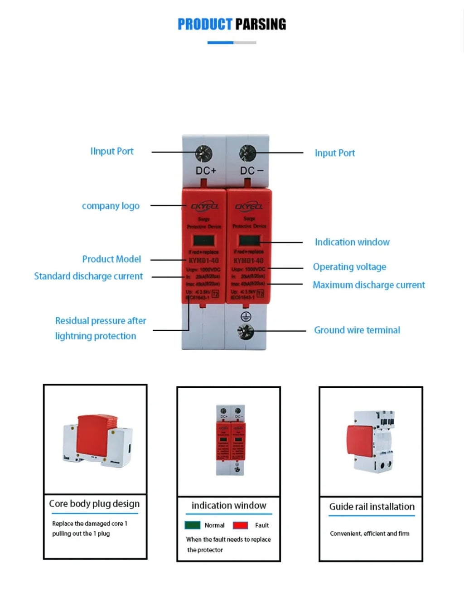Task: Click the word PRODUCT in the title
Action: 205,24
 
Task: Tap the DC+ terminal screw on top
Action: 203,154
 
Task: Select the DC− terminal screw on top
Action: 248,153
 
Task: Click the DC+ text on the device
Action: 206,171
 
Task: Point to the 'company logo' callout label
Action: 111,206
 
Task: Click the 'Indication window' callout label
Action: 352,242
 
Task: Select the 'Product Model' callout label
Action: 111,259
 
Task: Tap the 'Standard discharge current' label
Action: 88,276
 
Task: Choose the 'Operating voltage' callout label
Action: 349,267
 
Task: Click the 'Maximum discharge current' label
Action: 368,285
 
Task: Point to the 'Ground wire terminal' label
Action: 357,330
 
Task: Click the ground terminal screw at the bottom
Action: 246,332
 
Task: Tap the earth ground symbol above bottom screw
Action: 246,316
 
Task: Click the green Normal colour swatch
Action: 193,525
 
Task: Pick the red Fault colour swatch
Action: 240,525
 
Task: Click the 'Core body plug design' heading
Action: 94,504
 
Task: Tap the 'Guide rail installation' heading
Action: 372,507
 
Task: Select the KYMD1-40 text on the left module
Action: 203,261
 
